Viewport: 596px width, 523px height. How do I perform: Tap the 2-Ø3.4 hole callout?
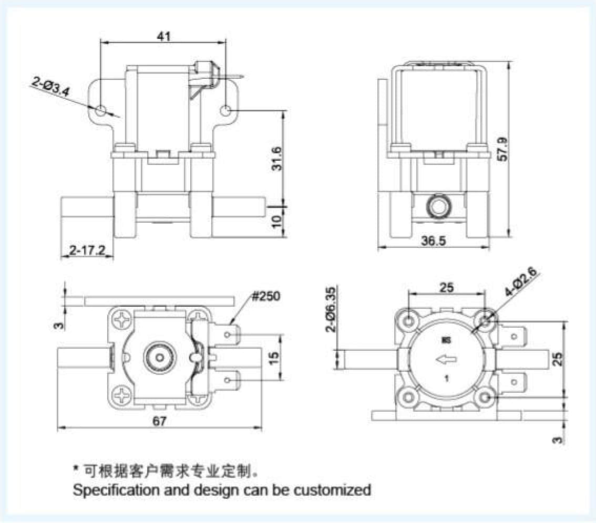click(x=51, y=87)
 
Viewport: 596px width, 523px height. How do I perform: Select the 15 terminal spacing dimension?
click(x=272, y=358)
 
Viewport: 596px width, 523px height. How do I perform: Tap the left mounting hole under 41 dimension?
click(x=101, y=110)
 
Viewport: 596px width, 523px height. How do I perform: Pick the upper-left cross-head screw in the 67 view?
click(x=125, y=320)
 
